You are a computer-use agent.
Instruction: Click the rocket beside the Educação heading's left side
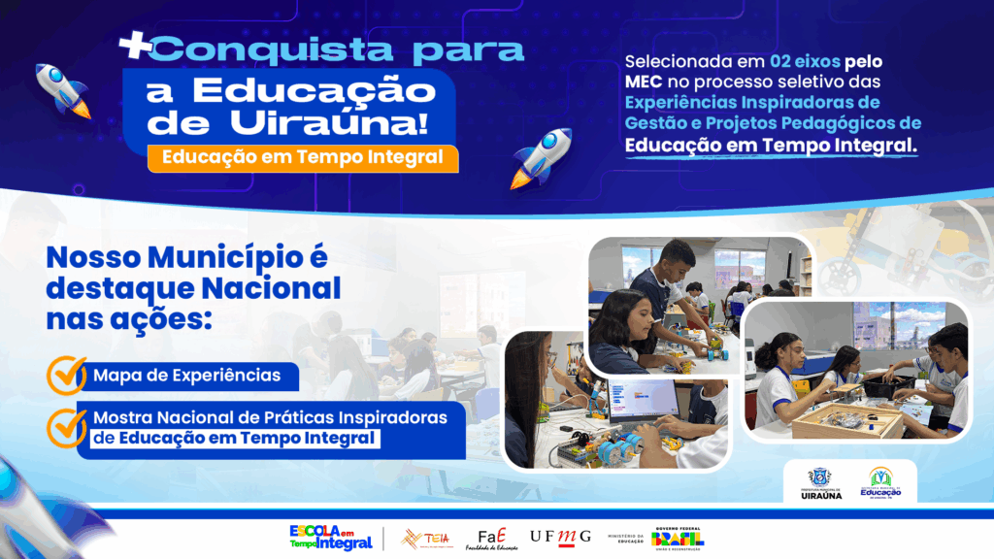(64, 90)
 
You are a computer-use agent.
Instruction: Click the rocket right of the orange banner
(541, 157)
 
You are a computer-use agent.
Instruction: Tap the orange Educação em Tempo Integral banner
(303, 157)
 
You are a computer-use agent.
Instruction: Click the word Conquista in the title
(244, 49)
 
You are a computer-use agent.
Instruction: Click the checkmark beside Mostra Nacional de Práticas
(67, 426)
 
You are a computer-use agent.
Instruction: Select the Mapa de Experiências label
(187, 375)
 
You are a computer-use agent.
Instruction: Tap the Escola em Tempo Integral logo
(330, 538)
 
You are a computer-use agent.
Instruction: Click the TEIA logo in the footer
(425, 538)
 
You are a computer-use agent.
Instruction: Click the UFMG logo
(560, 537)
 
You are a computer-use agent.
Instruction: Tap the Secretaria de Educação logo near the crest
(880, 481)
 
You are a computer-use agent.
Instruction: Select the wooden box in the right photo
(848, 420)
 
